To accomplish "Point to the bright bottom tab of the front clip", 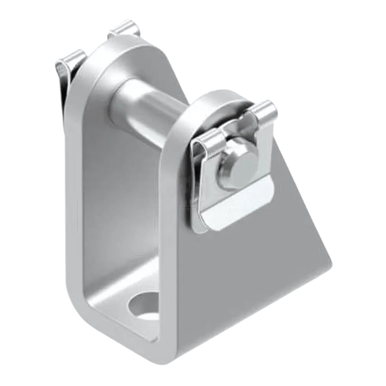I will (236, 207).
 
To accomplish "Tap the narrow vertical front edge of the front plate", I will (167, 241).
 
